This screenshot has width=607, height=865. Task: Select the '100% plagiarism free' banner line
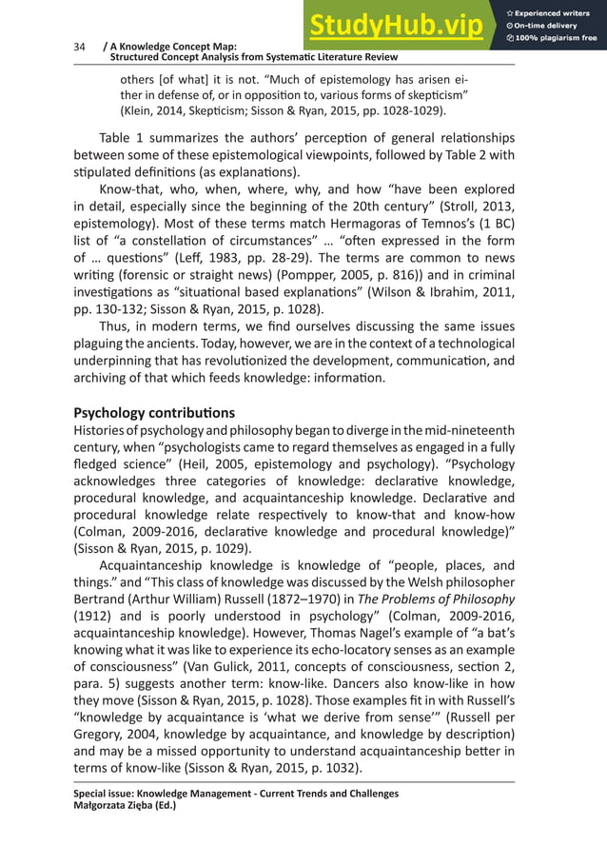(x=557, y=38)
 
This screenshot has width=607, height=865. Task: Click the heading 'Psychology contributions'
(x=154, y=413)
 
